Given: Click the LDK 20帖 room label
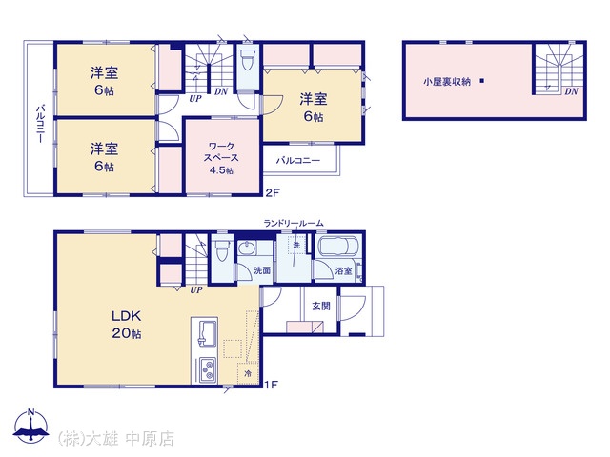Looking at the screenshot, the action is pyautogui.click(x=127, y=325).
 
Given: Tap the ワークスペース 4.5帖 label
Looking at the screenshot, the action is pyautogui.click(x=221, y=158).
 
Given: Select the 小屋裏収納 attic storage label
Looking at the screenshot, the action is pyautogui.click(x=447, y=82).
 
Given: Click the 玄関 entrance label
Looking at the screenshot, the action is pyautogui.click(x=321, y=306).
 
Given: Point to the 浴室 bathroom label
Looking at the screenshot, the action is pyautogui.click(x=343, y=270).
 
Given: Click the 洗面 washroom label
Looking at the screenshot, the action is pyautogui.click(x=262, y=270).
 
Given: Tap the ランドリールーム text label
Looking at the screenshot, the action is pyautogui.click(x=294, y=223).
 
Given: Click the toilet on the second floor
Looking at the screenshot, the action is pyautogui.click(x=247, y=62).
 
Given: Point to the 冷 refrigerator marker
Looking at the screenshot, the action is pyautogui.click(x=248, y=374).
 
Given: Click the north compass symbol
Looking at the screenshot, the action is pyautogui.click(x=31, y=426).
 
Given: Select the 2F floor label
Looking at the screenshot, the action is pyautogui.click(x=273, y=192).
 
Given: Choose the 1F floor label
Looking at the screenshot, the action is pyautogui.click(x=271, y=385).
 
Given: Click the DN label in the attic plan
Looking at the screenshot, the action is pyautogui.click(x=572, y=91).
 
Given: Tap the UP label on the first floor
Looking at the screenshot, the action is pyautogui.click(x=196, y=289).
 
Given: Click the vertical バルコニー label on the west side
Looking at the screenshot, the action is pyautogui.click(x=40, y=124).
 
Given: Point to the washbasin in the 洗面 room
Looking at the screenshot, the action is pyautogui.click(x=246, y=248).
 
